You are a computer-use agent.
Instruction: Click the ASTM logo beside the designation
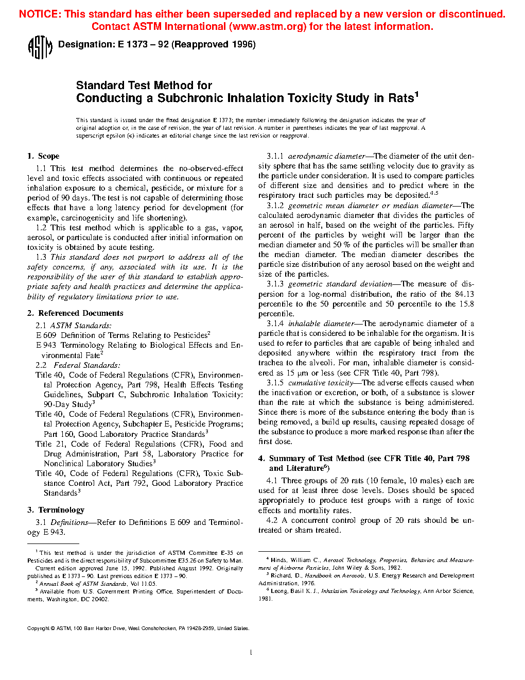(40, 47)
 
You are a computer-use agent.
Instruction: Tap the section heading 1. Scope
(44, 156)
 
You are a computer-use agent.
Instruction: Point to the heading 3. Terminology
(56, 510)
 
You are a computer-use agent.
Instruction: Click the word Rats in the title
(401, 98)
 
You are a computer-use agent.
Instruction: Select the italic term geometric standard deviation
(340, 284)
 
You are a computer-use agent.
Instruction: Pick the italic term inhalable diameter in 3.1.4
(321, 324)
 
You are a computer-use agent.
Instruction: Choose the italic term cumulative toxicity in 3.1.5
(321, 383)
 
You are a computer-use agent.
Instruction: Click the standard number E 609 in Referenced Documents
(46, 335)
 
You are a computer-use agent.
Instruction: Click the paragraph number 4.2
(272, 520)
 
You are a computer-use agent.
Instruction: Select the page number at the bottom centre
(251, 653)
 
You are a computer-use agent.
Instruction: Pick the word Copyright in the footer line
(38, 628)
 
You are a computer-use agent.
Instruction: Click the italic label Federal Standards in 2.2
(86, 365)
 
